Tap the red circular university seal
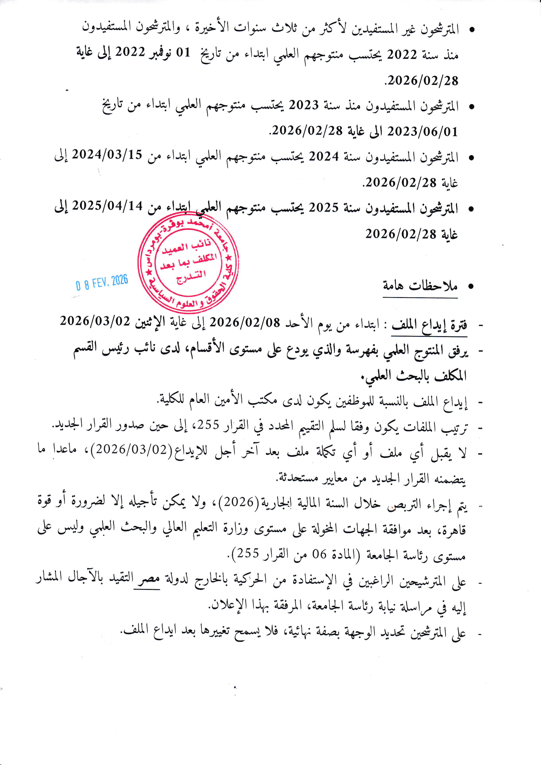point(188,263)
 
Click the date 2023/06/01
point(422,131)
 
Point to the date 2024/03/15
point(107,154)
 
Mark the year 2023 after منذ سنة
point(304,105)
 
